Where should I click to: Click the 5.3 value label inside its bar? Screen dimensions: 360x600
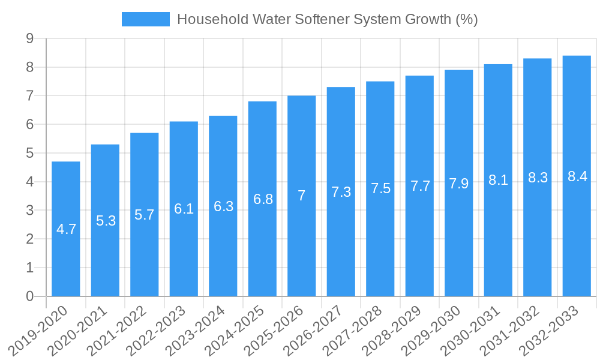[x=106, y=221]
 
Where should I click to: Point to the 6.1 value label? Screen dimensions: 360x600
[x=184, y=209]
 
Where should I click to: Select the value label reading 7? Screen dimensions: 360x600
[x=301, y=196]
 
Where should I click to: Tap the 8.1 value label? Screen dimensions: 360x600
[x=498, y=180]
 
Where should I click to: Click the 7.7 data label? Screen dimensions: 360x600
[x=420, y=186]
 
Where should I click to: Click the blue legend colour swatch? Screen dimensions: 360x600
[x=146, y=19]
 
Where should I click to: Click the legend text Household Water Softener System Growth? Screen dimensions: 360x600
[x=327, y=19]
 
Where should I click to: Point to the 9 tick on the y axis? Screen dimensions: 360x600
[x=29, y=38]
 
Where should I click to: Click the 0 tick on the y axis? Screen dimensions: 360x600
[x=29, y=296]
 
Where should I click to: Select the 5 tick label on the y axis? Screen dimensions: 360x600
[x=29, y=153]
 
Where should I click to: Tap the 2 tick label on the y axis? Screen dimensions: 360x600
[x=29, y=239]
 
